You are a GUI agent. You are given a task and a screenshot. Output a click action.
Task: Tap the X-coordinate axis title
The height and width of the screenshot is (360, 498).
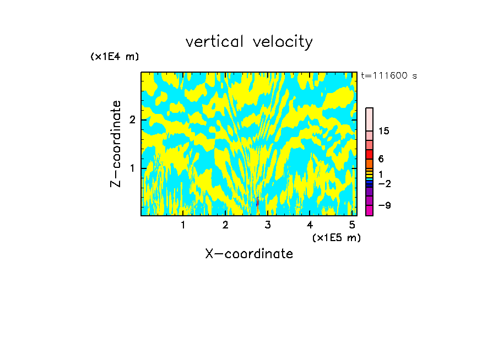click(249, 254)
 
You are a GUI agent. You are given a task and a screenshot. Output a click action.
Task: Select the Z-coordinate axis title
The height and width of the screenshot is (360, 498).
click(116, 144)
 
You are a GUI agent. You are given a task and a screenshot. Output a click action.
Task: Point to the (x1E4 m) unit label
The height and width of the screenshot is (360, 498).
click(115, 57)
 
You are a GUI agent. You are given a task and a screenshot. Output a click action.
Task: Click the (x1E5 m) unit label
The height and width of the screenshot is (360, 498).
click(336, 237)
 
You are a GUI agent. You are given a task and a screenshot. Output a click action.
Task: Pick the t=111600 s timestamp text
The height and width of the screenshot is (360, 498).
click(388, 75)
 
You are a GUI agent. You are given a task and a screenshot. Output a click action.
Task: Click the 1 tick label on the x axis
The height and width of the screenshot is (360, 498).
click(183, 225)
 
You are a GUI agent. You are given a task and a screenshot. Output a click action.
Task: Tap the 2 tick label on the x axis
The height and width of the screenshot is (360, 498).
click(225, 225)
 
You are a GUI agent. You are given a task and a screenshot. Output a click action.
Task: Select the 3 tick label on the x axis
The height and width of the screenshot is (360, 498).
click(268, 225)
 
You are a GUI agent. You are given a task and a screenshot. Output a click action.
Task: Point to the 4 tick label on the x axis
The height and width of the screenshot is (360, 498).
click(310, 225)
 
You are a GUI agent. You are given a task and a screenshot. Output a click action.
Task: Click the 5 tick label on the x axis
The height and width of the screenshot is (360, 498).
click(352, 225)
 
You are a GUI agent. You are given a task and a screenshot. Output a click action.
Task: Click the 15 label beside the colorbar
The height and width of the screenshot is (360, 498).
click(384, 131)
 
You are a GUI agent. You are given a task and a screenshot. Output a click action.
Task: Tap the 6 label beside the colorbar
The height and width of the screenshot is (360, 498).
click(381, 159)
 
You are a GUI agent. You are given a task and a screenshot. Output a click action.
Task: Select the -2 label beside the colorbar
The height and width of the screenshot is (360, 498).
click(384, 183)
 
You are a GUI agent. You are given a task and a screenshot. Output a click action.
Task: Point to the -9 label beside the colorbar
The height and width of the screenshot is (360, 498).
click(384, 205)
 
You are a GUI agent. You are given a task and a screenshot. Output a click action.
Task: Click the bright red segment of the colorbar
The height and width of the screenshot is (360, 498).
click(369, 154)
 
